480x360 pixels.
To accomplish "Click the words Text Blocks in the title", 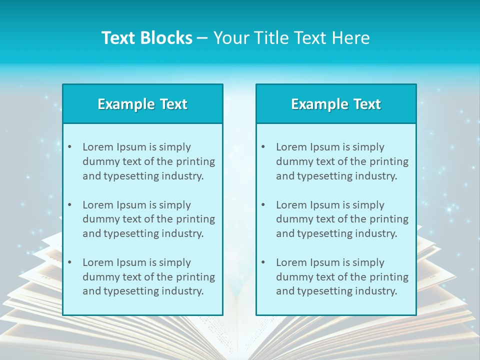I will pyautogui.click(x=146, y=38).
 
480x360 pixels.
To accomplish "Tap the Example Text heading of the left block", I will pyautogui.click(x=142, y=104).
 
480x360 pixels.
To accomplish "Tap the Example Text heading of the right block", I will pyautogui.click(x=336, y=104).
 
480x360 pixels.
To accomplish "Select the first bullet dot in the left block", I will pyautogui.click(x=69, y=147).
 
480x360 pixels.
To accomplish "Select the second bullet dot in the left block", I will pyautogui.click(x=69, y=205).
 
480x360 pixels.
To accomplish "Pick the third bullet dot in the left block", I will pyautogui.click(x=69, y=262).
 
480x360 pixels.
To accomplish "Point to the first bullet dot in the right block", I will pyautogui.click(x=263, y=147).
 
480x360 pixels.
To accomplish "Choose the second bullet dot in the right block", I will pyautogui.click(x=263, y=205).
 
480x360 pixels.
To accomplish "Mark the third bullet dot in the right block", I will pyautogui.click(x=263, y=262).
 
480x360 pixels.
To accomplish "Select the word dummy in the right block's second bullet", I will pyautogui.click(x=292, y=219).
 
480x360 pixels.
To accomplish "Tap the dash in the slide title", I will pyautogui.click(x=202, y=38).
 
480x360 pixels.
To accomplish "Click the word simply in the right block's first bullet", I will pyautogui.click(x=368, y=147).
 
